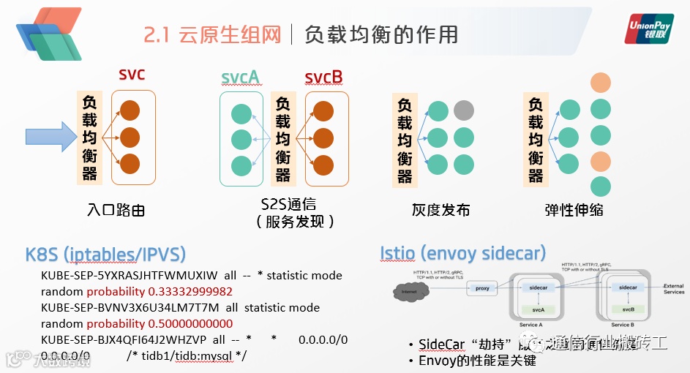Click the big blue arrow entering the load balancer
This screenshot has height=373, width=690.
tap(58, 137)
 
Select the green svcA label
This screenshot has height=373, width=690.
tap(241, 77)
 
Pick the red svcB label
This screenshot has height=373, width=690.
tap(323, 77)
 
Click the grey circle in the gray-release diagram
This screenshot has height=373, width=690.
tap(463, 111)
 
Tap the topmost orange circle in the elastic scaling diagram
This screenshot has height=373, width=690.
tap(601, 83)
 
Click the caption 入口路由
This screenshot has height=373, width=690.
tap(115, 211)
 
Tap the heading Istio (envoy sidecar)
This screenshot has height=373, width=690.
tap(462, 254)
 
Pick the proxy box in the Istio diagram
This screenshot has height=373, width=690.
tap(482, 288)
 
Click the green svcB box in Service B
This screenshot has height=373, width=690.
tap(628, 309)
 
